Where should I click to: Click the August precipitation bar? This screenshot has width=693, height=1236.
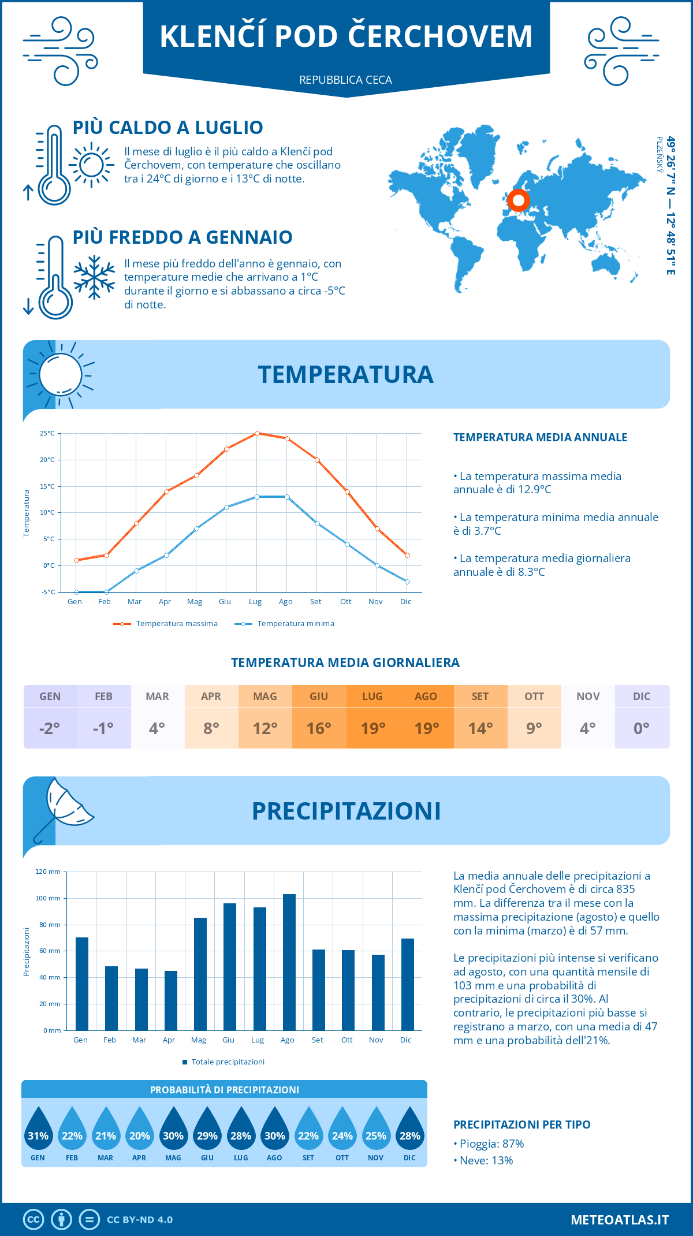[289, 962]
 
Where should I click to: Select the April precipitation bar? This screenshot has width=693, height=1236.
[170, 1000]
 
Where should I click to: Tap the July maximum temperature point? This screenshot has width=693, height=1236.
[257, 433]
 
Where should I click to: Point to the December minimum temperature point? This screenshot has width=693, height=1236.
[407, 582]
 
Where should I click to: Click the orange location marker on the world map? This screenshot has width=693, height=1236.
[518, 200]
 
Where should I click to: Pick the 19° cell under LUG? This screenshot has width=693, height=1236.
[372, 728]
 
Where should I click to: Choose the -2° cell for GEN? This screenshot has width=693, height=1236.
[50, 728]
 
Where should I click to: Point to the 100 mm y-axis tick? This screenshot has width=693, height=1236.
[48, 898]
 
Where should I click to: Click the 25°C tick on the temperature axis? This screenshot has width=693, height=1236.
[47, 433]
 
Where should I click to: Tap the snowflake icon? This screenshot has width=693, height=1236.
[94, 277]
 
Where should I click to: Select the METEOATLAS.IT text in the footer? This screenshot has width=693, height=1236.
[619, 1220]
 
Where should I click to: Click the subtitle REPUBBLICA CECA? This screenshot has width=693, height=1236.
[345, 80]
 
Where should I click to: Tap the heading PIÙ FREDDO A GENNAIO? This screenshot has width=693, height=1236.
[182, 237]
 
